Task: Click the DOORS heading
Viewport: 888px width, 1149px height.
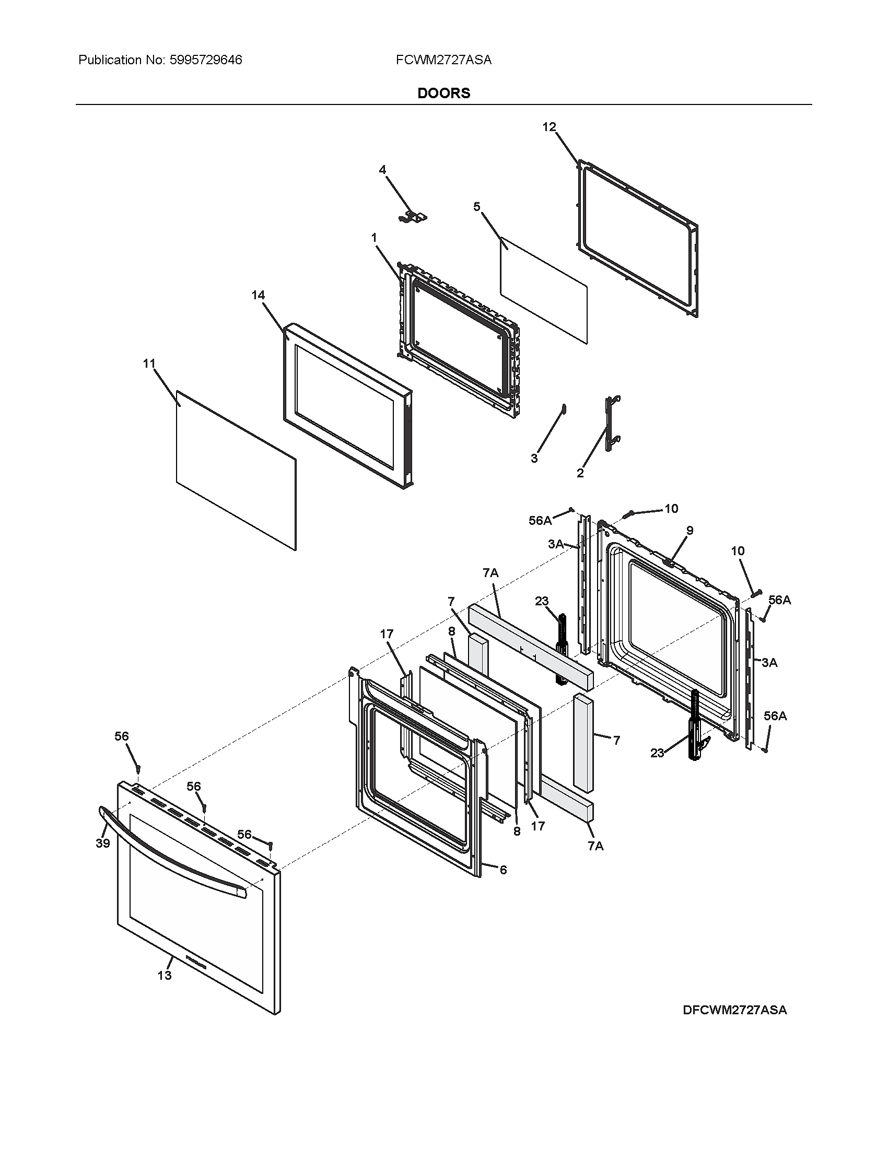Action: coord(443,93)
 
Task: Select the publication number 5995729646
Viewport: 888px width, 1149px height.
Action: coord(206,60)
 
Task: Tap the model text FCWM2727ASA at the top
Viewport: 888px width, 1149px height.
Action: coord(443,60)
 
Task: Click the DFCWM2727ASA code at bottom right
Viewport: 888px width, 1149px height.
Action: coord(734,1010)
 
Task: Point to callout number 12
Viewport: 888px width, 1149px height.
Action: coord(548,127)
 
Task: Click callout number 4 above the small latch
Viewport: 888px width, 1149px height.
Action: coord(382,169)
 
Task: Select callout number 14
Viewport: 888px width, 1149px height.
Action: coord(258,295)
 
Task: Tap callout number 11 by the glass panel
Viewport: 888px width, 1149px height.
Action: coord(149,363)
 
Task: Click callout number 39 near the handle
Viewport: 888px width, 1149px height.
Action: coord(102,843)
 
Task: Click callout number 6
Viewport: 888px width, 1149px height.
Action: coord(503,870)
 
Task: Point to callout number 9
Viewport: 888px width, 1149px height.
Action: coord(690,530)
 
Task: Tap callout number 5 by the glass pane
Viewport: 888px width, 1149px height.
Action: coord(476,207)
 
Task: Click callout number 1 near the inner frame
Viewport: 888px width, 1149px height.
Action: coord(374,238)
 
